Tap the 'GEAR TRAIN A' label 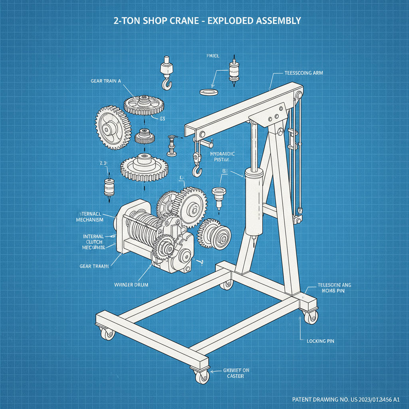click(105, 81)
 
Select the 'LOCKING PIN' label click(320, 341)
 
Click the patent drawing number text click(346, 399)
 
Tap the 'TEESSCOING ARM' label click(304, 73)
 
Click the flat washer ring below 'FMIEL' click(208, 92)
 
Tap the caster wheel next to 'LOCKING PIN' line click(310, 318)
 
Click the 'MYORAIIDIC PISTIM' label click(222, 157)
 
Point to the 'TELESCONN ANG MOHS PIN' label click(334, 288)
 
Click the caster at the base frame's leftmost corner click(107, 334)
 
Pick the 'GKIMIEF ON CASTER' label click(232, 373)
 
